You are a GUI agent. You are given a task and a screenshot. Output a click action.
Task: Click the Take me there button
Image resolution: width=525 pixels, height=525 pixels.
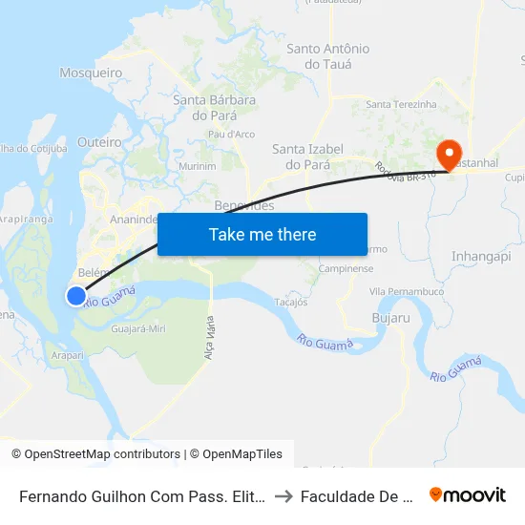point(262,234)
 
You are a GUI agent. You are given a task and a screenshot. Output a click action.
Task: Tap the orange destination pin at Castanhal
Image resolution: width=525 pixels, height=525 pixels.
point(448,153)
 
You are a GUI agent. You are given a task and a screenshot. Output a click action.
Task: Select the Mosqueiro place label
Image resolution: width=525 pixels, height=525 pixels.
point(90,73)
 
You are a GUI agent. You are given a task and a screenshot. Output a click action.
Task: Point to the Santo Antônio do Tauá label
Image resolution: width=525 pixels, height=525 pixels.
point(327,56)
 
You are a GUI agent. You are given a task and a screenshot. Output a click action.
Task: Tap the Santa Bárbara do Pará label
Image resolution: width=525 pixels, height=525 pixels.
point(214,107)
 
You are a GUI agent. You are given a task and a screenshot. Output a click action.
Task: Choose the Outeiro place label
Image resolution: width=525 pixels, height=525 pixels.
point(99,142)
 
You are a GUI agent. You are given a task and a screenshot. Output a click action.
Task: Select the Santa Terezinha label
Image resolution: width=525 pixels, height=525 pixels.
point(401,105)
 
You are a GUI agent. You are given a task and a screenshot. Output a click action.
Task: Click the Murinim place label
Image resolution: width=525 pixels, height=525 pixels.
point(198,166)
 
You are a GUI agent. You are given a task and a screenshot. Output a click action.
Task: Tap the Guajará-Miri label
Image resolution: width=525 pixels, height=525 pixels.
point(138,327)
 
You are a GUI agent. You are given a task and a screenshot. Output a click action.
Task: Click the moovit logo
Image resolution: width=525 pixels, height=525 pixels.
point(467,494)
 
